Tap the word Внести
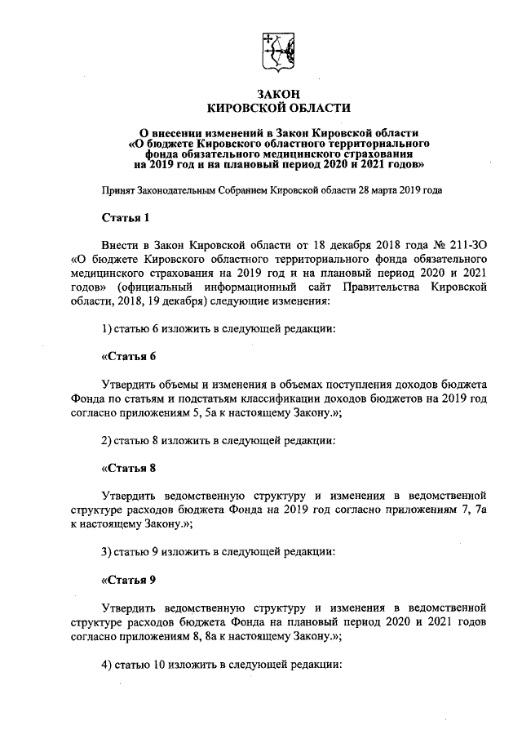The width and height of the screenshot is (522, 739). coord(120,244)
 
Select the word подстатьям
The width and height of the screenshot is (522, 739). coord(192,398)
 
